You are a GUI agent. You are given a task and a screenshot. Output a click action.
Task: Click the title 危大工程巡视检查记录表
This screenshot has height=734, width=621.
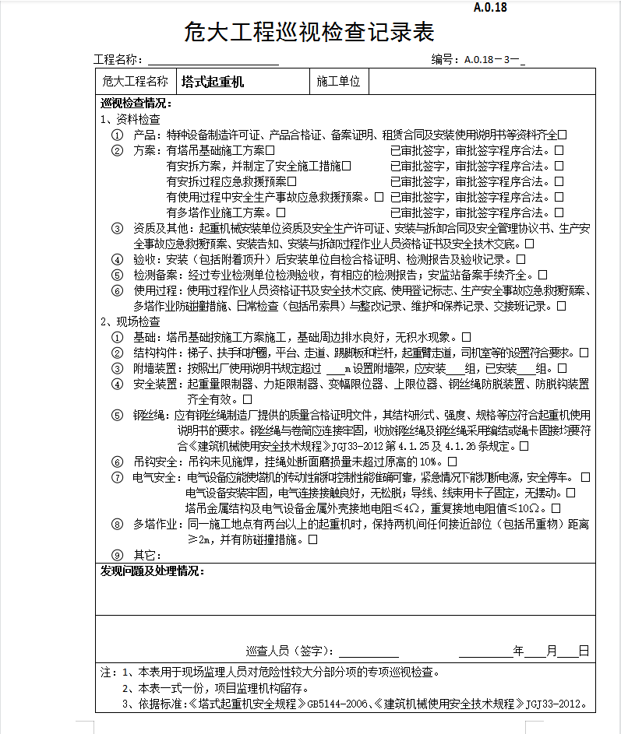309,33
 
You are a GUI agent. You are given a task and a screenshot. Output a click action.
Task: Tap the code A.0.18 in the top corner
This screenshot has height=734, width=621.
489,8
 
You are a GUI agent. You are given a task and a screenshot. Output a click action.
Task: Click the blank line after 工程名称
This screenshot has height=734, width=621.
213,61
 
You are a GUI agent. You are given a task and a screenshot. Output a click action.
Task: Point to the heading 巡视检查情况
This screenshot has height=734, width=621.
136,104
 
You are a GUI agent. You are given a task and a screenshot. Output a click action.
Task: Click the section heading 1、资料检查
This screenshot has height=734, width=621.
131,120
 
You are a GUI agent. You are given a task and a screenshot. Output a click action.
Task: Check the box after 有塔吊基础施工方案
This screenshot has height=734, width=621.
270,150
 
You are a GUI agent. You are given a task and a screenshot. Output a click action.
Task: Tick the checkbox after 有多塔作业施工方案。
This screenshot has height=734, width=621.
281,212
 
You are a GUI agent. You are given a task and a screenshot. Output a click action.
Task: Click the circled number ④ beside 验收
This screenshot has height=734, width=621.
117,259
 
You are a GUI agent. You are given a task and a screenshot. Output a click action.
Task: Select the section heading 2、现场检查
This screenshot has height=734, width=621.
131,321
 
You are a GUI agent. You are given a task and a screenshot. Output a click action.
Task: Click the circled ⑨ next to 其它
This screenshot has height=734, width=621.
117,555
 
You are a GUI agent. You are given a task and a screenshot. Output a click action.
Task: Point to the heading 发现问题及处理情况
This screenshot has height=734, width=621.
152,572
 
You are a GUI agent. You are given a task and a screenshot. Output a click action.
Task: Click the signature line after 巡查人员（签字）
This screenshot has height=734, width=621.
368,651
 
